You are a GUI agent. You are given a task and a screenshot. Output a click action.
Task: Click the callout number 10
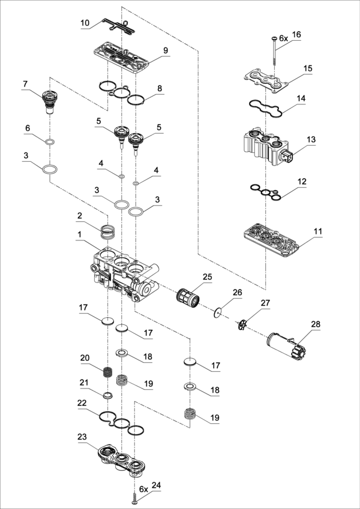(85, 23)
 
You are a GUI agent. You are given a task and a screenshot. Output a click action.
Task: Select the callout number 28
(316, 324)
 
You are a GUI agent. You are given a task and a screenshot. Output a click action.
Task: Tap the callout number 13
(311, 140)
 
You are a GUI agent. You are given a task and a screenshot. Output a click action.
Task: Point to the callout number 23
(82, 436)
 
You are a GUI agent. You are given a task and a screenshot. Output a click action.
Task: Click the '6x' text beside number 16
(284, 38)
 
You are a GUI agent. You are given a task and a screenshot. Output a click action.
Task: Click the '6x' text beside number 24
(143, 489)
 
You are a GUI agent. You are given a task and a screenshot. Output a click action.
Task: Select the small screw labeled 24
(135, 498)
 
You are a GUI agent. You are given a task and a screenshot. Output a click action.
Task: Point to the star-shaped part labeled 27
(242, 325)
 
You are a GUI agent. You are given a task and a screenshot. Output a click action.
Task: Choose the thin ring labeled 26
(217, 313)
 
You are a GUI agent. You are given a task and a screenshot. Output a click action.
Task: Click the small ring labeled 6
(50, 142)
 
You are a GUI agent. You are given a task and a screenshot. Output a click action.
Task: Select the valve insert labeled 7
(49, 101)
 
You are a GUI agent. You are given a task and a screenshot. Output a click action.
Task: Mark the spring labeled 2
(107, 232)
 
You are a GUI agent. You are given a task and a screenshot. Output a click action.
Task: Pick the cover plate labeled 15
(266, 79)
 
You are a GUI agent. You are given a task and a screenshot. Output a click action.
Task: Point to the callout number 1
(79, 234)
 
